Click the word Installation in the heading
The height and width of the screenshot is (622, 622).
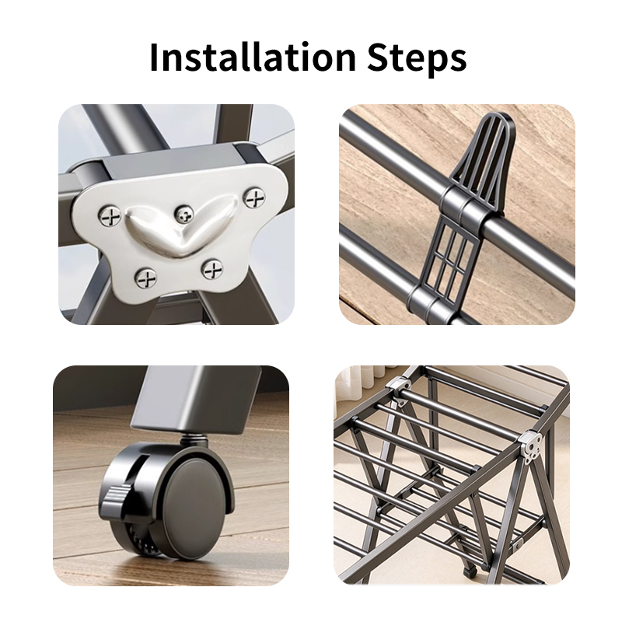click(x=253, y=57)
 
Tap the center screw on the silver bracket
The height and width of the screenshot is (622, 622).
click(x=183, y=215)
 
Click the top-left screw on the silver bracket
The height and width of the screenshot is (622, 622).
click(x=110, y=217)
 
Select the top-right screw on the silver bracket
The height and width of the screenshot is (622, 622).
click(x=254, y=198)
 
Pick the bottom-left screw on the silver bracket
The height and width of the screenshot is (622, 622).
click(x=146, y=278)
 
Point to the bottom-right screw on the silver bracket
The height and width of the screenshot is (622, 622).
click(x=212, y=270)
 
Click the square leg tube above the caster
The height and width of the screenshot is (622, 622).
click(x=197, y=400)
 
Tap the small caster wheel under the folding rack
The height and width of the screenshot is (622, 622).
click(x=470, y=571)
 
